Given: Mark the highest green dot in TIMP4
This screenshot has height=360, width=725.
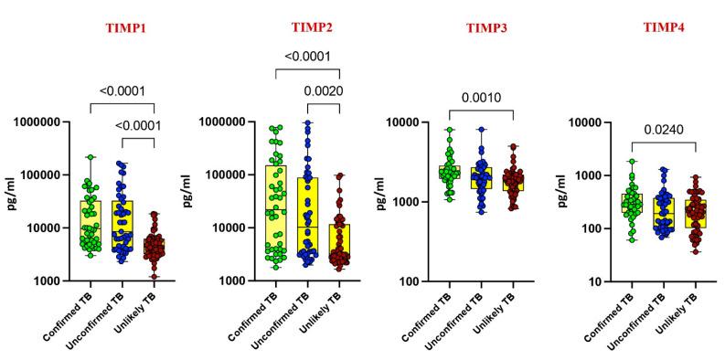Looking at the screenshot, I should pos(632,162).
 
